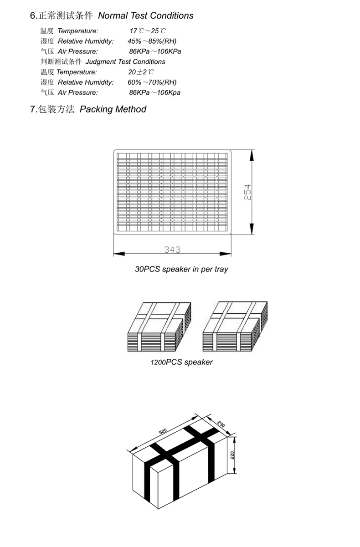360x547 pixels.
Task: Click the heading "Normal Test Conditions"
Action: (146, 16)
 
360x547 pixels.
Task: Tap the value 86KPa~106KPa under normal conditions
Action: (155, 51)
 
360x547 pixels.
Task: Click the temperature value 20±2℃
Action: (141, 72)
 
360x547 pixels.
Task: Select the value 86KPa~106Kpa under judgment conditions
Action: (154, 92)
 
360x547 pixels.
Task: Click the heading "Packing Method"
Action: (113, 109)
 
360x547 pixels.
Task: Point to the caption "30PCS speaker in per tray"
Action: (181, 269)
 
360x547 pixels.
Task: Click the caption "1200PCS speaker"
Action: (181, 363)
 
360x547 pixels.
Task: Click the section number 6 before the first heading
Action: (32, 16)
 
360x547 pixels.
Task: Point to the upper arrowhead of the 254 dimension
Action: (252, 154)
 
